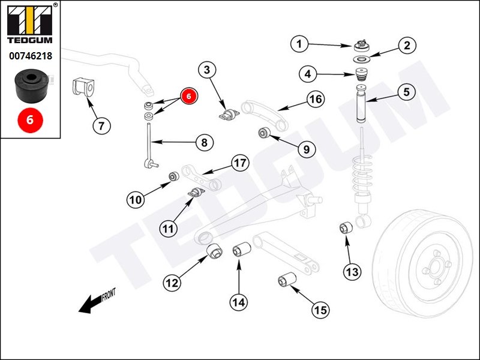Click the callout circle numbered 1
(x=300, y=43)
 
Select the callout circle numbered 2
(x=407, y=46)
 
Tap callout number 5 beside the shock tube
(x=407, y=92)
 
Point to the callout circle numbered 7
(x=101, y=126)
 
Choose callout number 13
(x=352, y=272)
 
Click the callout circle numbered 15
(x=320, y=310)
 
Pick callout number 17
(x=239, y=163)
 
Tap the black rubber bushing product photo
(x=29, y=84)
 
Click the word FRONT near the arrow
(x=109, y=295)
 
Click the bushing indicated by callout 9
(x=263, y=133)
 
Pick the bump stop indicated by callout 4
(x=362, y=76)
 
